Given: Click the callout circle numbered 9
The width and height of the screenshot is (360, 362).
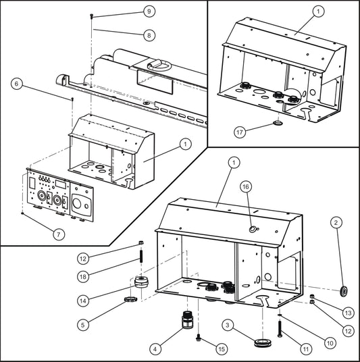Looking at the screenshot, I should [x=149, y=11].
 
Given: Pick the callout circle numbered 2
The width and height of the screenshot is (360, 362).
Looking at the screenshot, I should [x=336, y=222].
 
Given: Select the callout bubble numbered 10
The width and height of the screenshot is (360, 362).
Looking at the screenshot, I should [x=330, y=342].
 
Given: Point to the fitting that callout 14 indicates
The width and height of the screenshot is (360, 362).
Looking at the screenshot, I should [x=141, y=282].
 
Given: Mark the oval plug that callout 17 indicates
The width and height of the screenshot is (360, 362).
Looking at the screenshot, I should [x=278, y=124].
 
